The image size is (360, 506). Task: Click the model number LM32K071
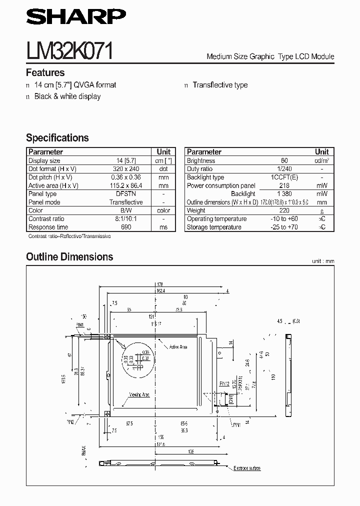pos(70,51)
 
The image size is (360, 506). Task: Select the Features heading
pos(45,73)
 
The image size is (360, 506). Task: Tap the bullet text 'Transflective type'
pos(220,85)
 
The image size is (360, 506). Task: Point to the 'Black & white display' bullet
pos(67,96)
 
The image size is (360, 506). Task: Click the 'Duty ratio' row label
pos(200,169)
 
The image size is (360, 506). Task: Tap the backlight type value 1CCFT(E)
pos(284,177)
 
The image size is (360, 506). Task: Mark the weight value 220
pos(284,210)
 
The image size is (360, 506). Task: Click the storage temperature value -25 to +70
pos(284,227)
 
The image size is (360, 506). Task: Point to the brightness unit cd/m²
pos(322,161)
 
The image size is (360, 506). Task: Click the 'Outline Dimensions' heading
pos(69,257)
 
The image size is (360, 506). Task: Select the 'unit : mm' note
pos(322,261)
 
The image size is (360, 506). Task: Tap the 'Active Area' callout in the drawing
pos(178,346)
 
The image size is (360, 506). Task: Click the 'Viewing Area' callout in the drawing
pos(139,394)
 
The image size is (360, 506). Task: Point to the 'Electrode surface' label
pos(247,468)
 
